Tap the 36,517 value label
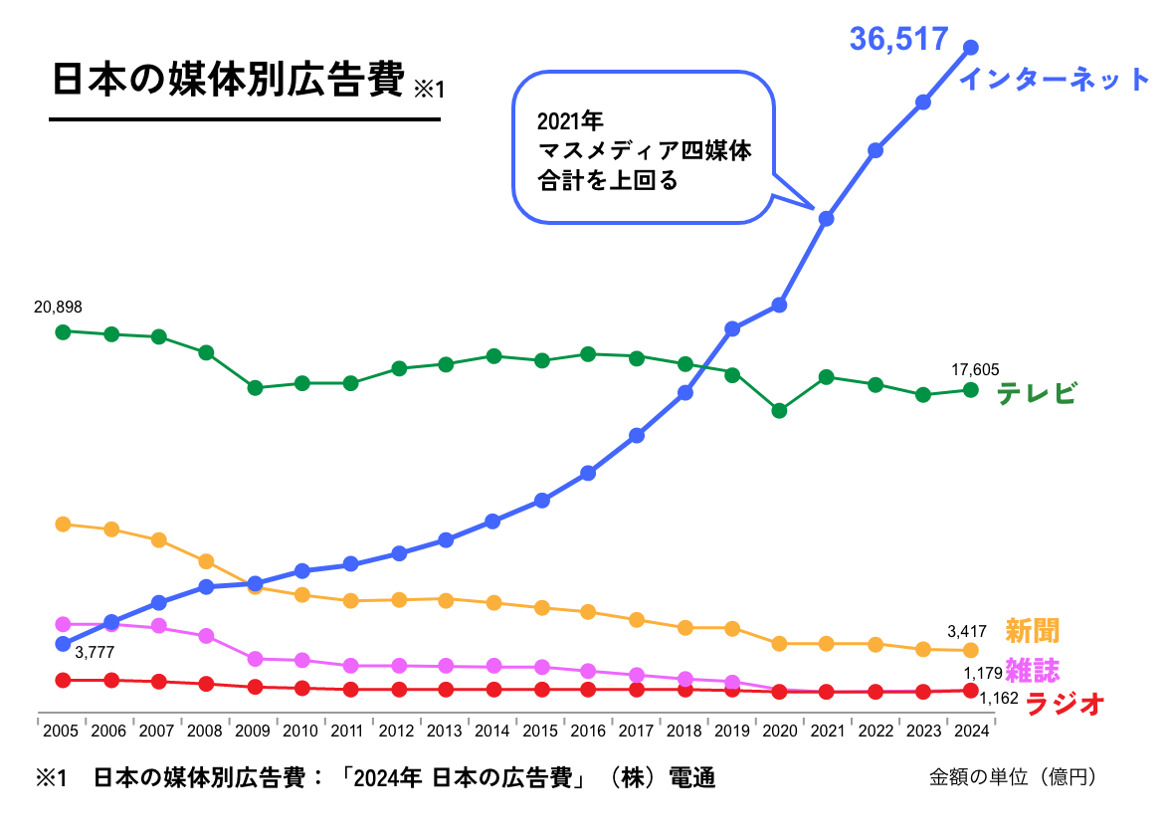[898, 39]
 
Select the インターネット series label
[1054, 80]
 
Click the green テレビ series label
[1037, 393]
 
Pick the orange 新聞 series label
[1032, 630]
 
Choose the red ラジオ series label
[1065, 704]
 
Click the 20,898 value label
[58, 308]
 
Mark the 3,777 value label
[96, 653]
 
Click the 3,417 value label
[967, 630]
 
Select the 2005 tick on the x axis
[62, 731]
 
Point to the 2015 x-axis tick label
[540, 731]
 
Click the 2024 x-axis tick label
[971, 731]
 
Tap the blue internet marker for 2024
[971, 48]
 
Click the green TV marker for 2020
[780, 410]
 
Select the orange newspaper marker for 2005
[63, 524]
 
